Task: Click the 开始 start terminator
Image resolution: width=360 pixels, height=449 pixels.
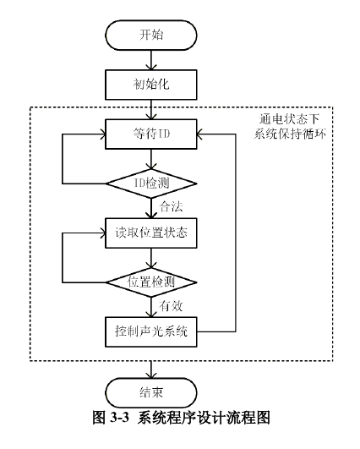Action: coord(151,36)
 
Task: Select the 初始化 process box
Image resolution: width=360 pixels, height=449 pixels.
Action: coord(151,85)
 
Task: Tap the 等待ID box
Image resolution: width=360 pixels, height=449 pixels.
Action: coord(151,134)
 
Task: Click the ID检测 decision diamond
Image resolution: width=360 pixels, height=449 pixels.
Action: coord(151,183)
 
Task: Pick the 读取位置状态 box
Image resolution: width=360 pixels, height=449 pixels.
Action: coord(151,233)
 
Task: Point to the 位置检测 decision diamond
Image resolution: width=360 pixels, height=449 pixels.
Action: coord(151,282)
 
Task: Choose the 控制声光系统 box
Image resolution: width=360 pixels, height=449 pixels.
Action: coord(151,331)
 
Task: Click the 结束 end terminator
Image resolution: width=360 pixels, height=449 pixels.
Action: coord(151,392)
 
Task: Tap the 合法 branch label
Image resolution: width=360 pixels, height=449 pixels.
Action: coord(172,207)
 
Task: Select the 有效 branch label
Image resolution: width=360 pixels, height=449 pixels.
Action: coord(172,306)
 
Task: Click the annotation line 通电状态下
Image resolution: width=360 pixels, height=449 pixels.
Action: coord(290,119)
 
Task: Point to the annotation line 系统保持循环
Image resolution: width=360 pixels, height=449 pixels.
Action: coord(290,134)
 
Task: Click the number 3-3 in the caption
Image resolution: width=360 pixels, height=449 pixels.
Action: coord(120,418)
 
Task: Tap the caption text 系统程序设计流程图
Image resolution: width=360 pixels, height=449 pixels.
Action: coord(204,418)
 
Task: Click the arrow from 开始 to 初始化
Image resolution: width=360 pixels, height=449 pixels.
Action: coord(151,60)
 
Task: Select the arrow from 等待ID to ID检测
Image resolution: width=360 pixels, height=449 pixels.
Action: coord(151,159)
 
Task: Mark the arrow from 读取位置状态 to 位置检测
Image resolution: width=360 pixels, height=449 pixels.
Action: coord(151,258)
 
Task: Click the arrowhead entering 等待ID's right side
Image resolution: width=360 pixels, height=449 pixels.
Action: coord(199,134)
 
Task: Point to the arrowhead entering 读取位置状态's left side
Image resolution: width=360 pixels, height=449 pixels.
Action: coord(102,233)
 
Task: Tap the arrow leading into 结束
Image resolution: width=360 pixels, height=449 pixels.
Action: coord(151,370)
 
